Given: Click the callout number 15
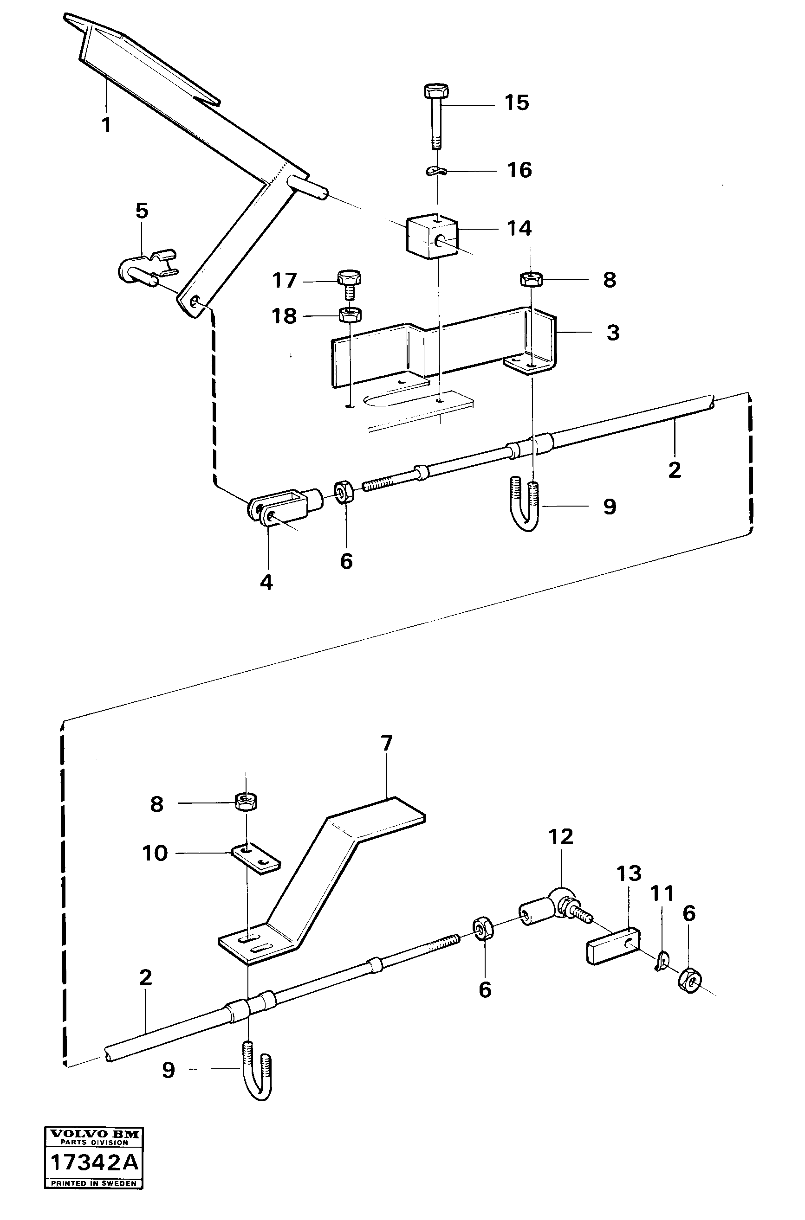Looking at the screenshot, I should coord(517,103).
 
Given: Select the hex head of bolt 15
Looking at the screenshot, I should coord(436,92).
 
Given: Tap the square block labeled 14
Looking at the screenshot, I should coord(431,236).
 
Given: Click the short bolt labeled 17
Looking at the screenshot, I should coord(350,286).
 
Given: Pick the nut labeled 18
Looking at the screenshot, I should coord(350,314).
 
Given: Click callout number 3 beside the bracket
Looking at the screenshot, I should coord(613,333).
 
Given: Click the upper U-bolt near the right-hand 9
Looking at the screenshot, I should coord(525,504).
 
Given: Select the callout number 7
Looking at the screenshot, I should coord(387,743).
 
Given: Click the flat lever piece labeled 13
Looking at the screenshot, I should coord(613,945).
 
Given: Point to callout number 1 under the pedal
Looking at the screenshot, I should coord(106,125).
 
